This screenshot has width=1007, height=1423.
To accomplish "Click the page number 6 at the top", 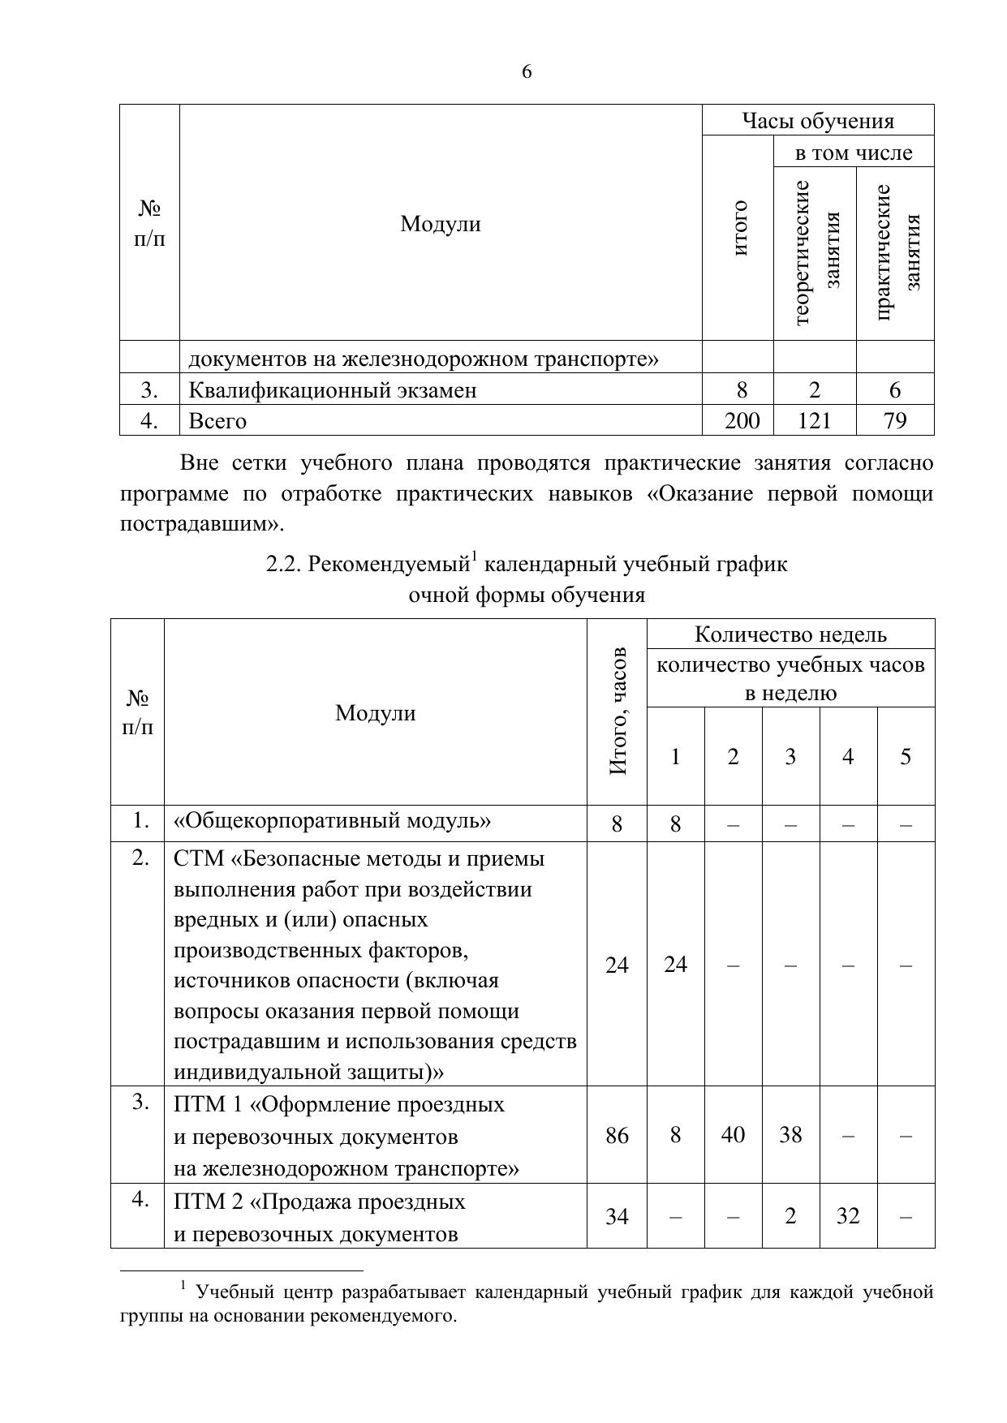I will [527, 72].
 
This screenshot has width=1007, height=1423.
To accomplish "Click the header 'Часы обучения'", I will [817, 121].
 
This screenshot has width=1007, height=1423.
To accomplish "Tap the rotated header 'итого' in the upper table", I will [738, 227].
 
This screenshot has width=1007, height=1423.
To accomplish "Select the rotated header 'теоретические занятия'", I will [815, 253].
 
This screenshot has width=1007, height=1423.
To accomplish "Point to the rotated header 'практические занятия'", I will [896, 253].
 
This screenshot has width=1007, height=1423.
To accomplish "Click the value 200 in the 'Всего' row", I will [742, 420].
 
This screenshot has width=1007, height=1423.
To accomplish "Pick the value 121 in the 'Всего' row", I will [815, 420].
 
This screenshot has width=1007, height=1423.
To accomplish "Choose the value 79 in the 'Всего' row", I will [894, 420].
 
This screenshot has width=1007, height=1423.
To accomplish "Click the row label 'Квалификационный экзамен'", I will [333, 390].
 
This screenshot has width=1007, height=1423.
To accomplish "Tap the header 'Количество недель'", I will [790, 634].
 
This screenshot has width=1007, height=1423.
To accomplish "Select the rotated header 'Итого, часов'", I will [618, 711].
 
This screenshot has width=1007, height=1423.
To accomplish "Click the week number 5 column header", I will [906, 757].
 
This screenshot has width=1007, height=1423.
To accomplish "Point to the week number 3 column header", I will [790, 757].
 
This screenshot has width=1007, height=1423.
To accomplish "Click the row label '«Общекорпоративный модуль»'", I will [332, 821].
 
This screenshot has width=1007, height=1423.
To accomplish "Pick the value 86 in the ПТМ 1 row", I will [617, 1135].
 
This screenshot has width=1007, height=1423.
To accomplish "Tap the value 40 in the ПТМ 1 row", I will [733, 1135].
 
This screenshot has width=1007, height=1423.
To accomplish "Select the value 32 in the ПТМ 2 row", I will [848, 1216].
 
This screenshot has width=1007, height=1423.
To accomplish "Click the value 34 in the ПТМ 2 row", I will [617, 1216].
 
